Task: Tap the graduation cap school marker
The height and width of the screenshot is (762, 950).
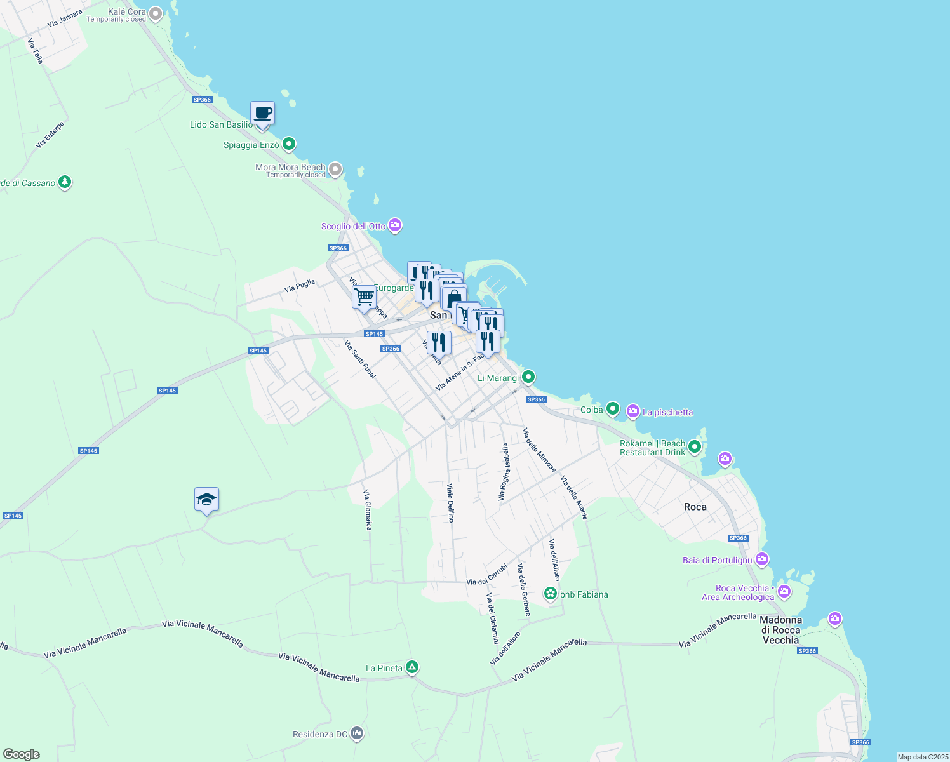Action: [206, 500]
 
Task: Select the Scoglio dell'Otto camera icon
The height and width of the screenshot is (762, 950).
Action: [395, 225]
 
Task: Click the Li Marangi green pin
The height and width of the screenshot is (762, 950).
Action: [528, 377]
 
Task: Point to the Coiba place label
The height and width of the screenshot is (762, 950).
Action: [591, 410]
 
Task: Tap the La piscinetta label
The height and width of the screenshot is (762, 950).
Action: [667, 412]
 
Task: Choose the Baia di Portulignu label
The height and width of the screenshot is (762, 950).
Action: [717, 560]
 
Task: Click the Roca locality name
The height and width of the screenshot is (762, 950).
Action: [695, 507]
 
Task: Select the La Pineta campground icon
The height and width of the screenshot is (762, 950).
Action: [413, 667]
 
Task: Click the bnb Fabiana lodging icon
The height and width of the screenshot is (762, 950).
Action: [551, 594]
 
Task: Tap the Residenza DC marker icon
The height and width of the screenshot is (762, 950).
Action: [357, 733]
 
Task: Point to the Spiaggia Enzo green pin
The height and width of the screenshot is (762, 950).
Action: [289, 144]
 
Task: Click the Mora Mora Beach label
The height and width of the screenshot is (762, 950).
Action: [290, 168]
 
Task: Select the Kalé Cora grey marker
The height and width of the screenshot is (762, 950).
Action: [156, 13]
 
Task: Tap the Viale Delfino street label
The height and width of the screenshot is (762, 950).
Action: [450, 502]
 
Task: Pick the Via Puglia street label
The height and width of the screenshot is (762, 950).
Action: [300, 286]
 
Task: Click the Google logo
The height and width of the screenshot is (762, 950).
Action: [22, 754]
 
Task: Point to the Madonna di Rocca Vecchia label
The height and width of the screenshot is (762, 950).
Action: [780, 630]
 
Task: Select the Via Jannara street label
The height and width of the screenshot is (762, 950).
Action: [65, 18]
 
